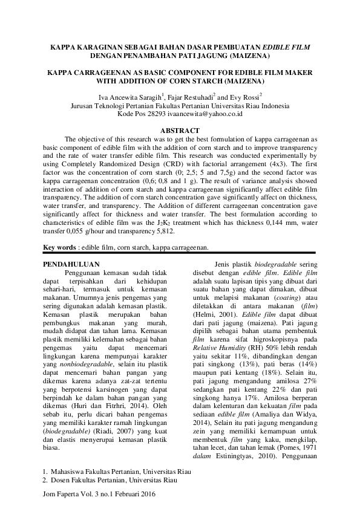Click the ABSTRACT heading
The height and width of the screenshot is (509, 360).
click(180, 131)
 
